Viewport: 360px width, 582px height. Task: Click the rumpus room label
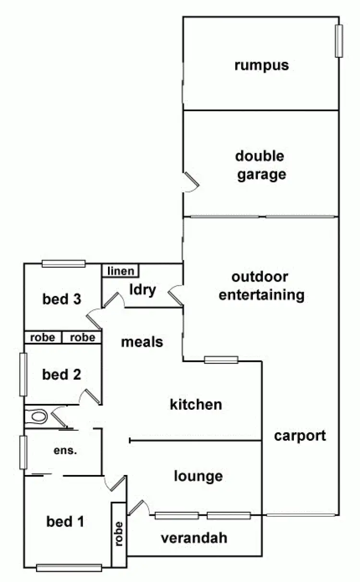point(262,65)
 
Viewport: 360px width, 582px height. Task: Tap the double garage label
point(260,165)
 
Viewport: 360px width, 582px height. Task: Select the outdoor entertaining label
point(261,285)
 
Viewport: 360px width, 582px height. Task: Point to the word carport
point(300,436)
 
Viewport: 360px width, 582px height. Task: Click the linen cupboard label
point(121,271)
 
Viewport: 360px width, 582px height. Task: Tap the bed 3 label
point(61,299)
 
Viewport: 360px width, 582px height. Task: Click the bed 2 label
point(61,374)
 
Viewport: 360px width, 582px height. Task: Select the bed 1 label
point(65,521)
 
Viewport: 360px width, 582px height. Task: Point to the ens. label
point(66,451)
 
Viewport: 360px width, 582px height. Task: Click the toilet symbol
point(36,416)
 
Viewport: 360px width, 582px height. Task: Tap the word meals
point(142,342)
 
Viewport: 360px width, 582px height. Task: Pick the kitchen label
point(196,404)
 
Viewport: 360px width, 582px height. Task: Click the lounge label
point(198,476)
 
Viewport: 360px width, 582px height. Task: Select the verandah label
point(194,538)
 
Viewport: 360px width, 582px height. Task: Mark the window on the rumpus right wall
point(339,41)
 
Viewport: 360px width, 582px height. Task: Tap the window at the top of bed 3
point(63,263)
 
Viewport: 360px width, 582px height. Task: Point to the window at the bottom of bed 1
point(69,568)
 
